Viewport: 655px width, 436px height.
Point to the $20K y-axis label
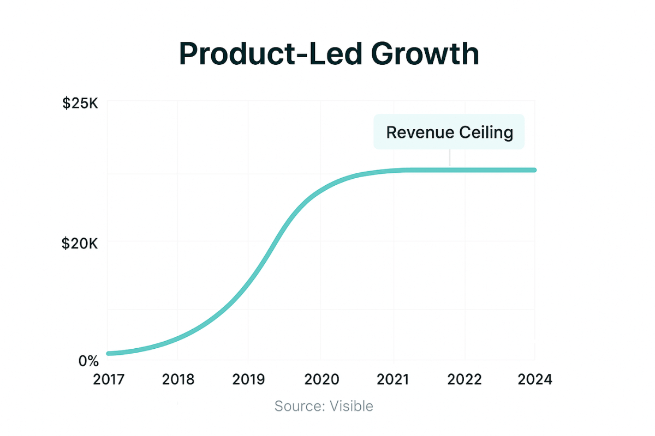click(80, 244)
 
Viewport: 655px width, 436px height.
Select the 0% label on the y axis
click(88, 361)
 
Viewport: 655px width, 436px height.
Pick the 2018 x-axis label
click(178, 379)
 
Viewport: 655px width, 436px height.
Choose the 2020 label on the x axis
click(320, 379)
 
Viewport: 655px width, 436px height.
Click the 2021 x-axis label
click(393, 379)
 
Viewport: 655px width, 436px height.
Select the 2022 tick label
click(465, 379)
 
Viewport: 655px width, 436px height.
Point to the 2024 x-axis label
click(534, 379)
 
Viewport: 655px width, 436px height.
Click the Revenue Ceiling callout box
click(449, 132)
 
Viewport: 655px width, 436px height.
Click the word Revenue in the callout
click(418, 132)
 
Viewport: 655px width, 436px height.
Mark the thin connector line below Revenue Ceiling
click(449, 158)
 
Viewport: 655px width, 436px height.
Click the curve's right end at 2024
click(534, 170)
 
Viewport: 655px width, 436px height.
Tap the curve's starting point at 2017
click(109, 354)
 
